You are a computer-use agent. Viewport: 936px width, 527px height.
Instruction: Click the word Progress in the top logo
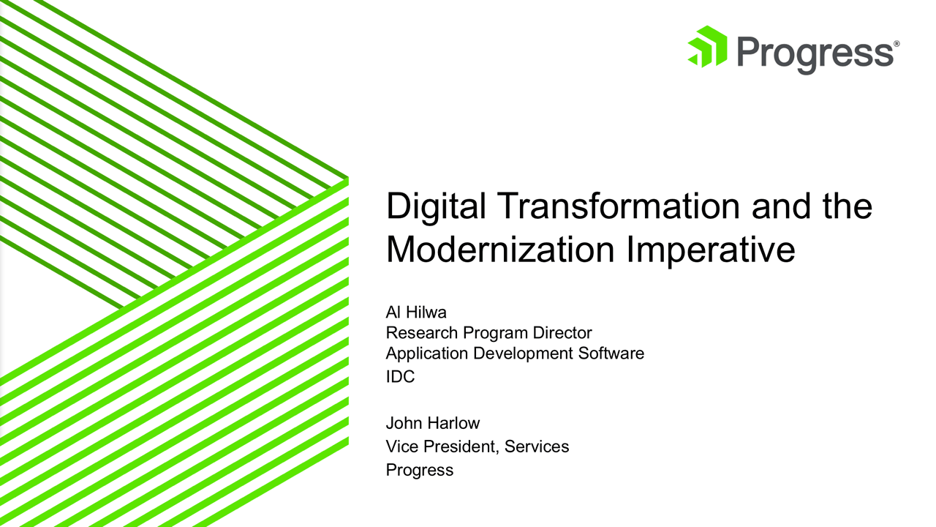pyautogui.click(x=814, y=53)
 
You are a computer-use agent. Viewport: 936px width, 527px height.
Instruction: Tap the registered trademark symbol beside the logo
pyautogui.click(x=897, y=44)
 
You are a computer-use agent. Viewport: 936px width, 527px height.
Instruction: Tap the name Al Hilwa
pyautogui.click(x=416, y=313)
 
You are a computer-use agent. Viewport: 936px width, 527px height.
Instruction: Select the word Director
pyautogui.click(x=562, y=333)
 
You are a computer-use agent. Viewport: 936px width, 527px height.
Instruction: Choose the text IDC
pyautogui.click(x=400, y=378)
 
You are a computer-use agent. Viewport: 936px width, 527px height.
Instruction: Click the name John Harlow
pyautogui.click(x=433, y=423)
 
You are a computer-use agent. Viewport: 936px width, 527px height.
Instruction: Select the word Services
pyautogui.click(x=537, y=446)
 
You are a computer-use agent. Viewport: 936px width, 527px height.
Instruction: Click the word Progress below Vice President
pyautogui.click(x=420, y=470)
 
